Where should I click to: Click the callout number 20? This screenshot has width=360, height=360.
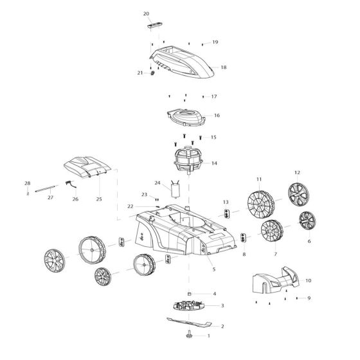click(x=146, y=14)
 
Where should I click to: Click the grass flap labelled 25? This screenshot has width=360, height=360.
click(x=86, y=169)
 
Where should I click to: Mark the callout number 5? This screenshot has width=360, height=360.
click(x=213, y=269)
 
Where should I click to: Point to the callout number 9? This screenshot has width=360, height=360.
click(x=309, y=298)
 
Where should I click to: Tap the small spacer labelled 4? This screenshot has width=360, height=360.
click(x=190, y=294)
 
